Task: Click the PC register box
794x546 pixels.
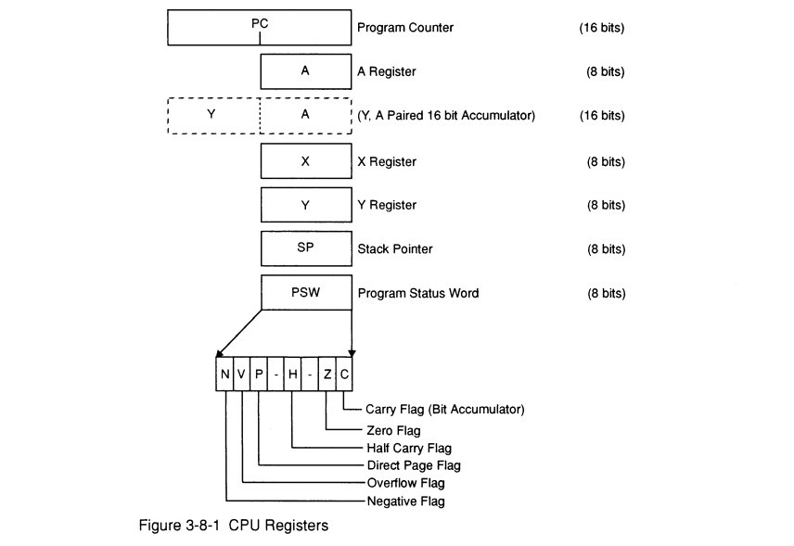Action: coord(260,27)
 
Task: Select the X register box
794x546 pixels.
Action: coord(305,161)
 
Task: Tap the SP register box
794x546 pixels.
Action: coord(305,249)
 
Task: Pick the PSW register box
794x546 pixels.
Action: coord(305,294)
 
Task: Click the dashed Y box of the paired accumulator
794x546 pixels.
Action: coord(213,116)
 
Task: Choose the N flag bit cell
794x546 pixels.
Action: coord(225,375)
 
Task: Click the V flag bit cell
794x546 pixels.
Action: coord(242,375)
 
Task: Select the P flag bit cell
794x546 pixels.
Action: coord(260,375)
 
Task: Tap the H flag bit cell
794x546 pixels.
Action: coord(293,375)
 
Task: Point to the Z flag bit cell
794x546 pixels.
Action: coord(327,375)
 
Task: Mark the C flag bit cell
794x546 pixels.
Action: coord(344,375)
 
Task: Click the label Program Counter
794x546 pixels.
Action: coord(405,28)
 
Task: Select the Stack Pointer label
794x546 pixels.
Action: coord(394,249)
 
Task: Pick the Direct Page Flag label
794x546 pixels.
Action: coord(414,465)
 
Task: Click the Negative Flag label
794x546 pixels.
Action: coord(406,502)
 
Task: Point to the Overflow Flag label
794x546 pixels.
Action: coord(406,483)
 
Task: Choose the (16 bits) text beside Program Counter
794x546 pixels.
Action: coord(602,28)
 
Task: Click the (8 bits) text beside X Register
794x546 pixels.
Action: coord(606,162)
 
